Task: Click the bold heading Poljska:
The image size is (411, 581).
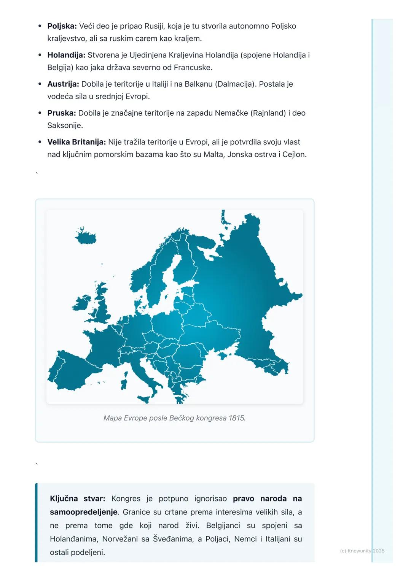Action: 62,26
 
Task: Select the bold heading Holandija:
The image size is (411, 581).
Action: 66,55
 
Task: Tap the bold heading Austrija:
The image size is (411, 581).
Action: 63,84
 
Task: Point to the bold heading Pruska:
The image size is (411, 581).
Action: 62,113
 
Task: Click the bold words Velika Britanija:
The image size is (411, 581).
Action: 76,142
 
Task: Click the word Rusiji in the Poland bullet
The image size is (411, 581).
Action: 155,26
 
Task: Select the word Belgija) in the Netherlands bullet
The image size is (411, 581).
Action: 61,68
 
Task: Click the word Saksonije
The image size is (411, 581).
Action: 65,125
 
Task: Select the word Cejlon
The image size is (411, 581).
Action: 294,154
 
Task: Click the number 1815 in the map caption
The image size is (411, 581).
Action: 237,418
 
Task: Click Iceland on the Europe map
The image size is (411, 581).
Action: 86,237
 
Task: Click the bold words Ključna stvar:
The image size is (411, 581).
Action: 78,498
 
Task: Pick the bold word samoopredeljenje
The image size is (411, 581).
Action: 84,512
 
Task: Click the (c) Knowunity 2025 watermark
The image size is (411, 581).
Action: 362,551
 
